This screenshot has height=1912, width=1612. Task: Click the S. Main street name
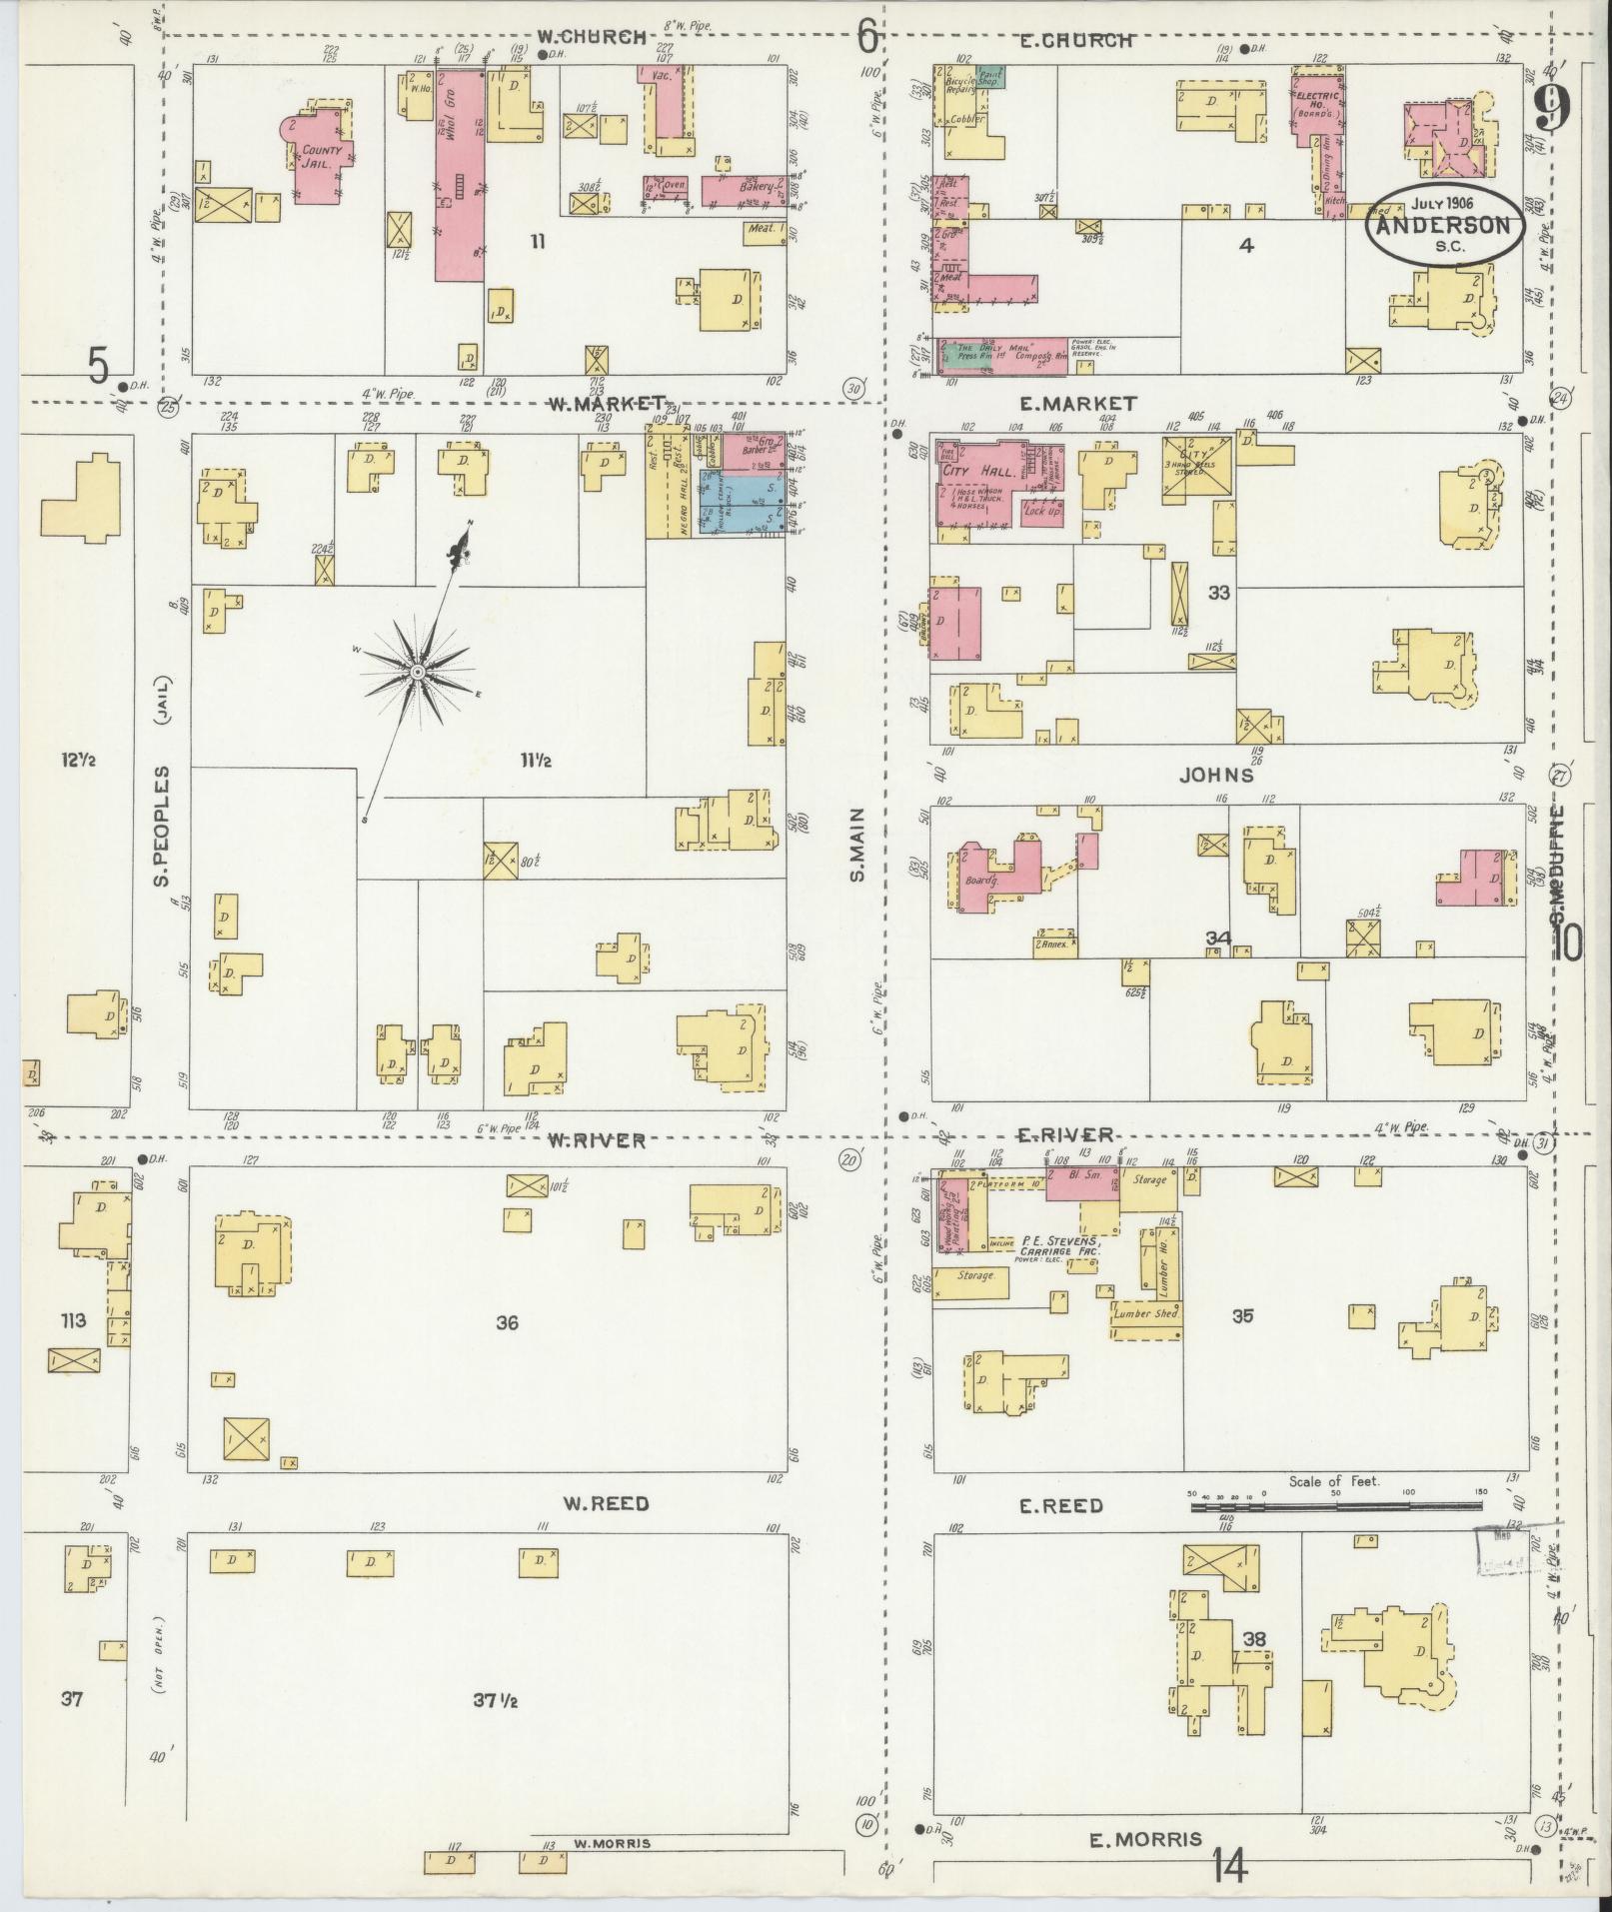click(857, 846)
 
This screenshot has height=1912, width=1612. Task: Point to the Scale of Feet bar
click(1334, 1506)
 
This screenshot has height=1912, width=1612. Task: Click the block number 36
click(508, 1322)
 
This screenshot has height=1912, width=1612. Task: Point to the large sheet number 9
click(1549, 108)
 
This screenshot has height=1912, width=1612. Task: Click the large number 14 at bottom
click(1229, 1865)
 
